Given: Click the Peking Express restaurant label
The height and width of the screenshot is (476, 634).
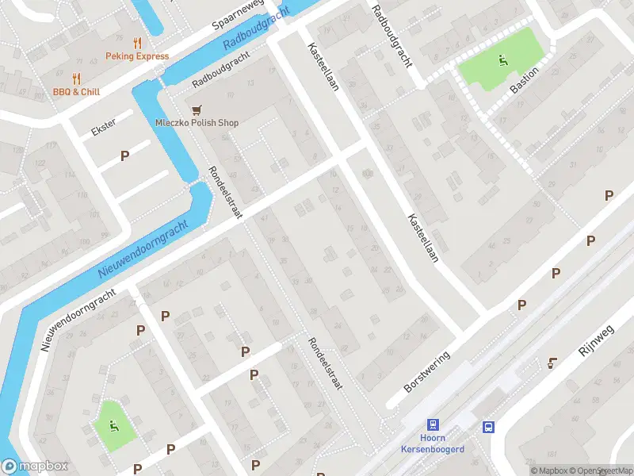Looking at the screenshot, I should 137,56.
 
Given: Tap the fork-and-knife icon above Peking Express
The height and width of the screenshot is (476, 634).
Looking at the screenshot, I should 137,43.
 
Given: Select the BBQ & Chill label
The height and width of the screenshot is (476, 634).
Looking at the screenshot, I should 77,92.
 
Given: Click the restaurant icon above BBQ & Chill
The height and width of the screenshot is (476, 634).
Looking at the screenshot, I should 77,79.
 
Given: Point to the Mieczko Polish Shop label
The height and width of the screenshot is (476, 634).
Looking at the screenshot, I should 196,123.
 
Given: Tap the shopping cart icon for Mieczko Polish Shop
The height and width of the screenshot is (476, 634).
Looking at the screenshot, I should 196,109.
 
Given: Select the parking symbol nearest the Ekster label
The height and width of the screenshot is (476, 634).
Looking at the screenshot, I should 124,155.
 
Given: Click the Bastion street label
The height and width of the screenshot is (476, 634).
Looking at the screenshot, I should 525,80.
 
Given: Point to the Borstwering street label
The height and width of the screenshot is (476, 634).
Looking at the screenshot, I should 426,371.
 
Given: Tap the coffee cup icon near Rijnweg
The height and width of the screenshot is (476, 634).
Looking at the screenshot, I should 552,363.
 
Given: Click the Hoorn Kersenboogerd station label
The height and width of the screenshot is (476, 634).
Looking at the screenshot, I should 433,443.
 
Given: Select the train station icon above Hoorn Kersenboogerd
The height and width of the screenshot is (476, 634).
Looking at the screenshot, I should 433,425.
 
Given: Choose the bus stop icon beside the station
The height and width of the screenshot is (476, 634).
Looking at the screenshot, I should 488,427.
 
